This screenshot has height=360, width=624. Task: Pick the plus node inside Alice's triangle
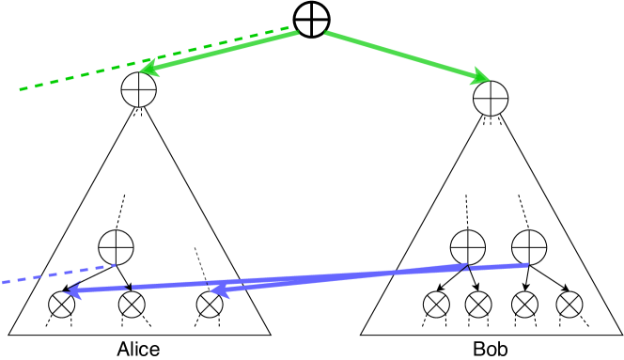click(x=117, y=248)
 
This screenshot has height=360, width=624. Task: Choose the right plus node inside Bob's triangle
click(x=528, y=248)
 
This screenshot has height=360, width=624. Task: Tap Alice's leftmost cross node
click(x=63, y=305)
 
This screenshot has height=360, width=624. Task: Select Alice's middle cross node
click(x=133, y=305)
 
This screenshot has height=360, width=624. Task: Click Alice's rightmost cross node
click(x=211, y=305)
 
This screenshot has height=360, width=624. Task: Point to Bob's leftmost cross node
click(x=435, y=305)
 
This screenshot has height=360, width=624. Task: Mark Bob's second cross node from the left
click(x=478, y=305)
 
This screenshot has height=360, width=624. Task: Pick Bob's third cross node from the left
click(x=523, y=305)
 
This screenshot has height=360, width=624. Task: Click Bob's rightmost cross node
click(x=567, y=305)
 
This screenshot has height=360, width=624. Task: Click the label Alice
click(x=138, y=349)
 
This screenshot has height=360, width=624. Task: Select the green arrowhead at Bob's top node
click(x=481, y=78)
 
